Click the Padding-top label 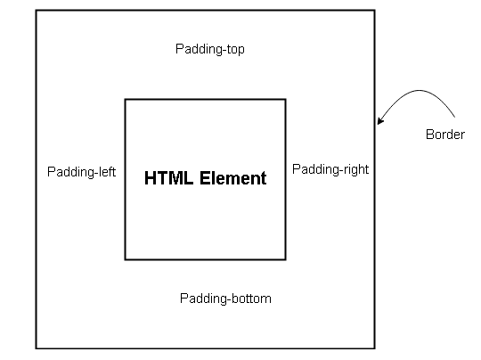[x=210, y=49]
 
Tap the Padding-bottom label [x=225, y=299]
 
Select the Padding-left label [x=82, y=172]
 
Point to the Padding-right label [x=330, y=169]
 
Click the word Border [x=445, y=135]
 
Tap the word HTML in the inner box [x=168, y=178]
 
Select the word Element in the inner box [x=233, y=178]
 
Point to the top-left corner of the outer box [x=37, y=11]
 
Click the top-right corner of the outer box [x=374, y=11]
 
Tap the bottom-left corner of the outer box [x=37, y=348]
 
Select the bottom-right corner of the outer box [x=374, y=348]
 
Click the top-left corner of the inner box [x=126, y=100]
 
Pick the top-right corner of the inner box [x=286, y=100]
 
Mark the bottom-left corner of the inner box [x=126, y=259]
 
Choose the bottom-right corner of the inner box [x=286, y=259]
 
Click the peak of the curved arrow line [x=419, y=90]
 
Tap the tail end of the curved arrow [x=454, y=117]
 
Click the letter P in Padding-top [x=179, y=49]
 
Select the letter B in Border [x=429, y=135]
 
